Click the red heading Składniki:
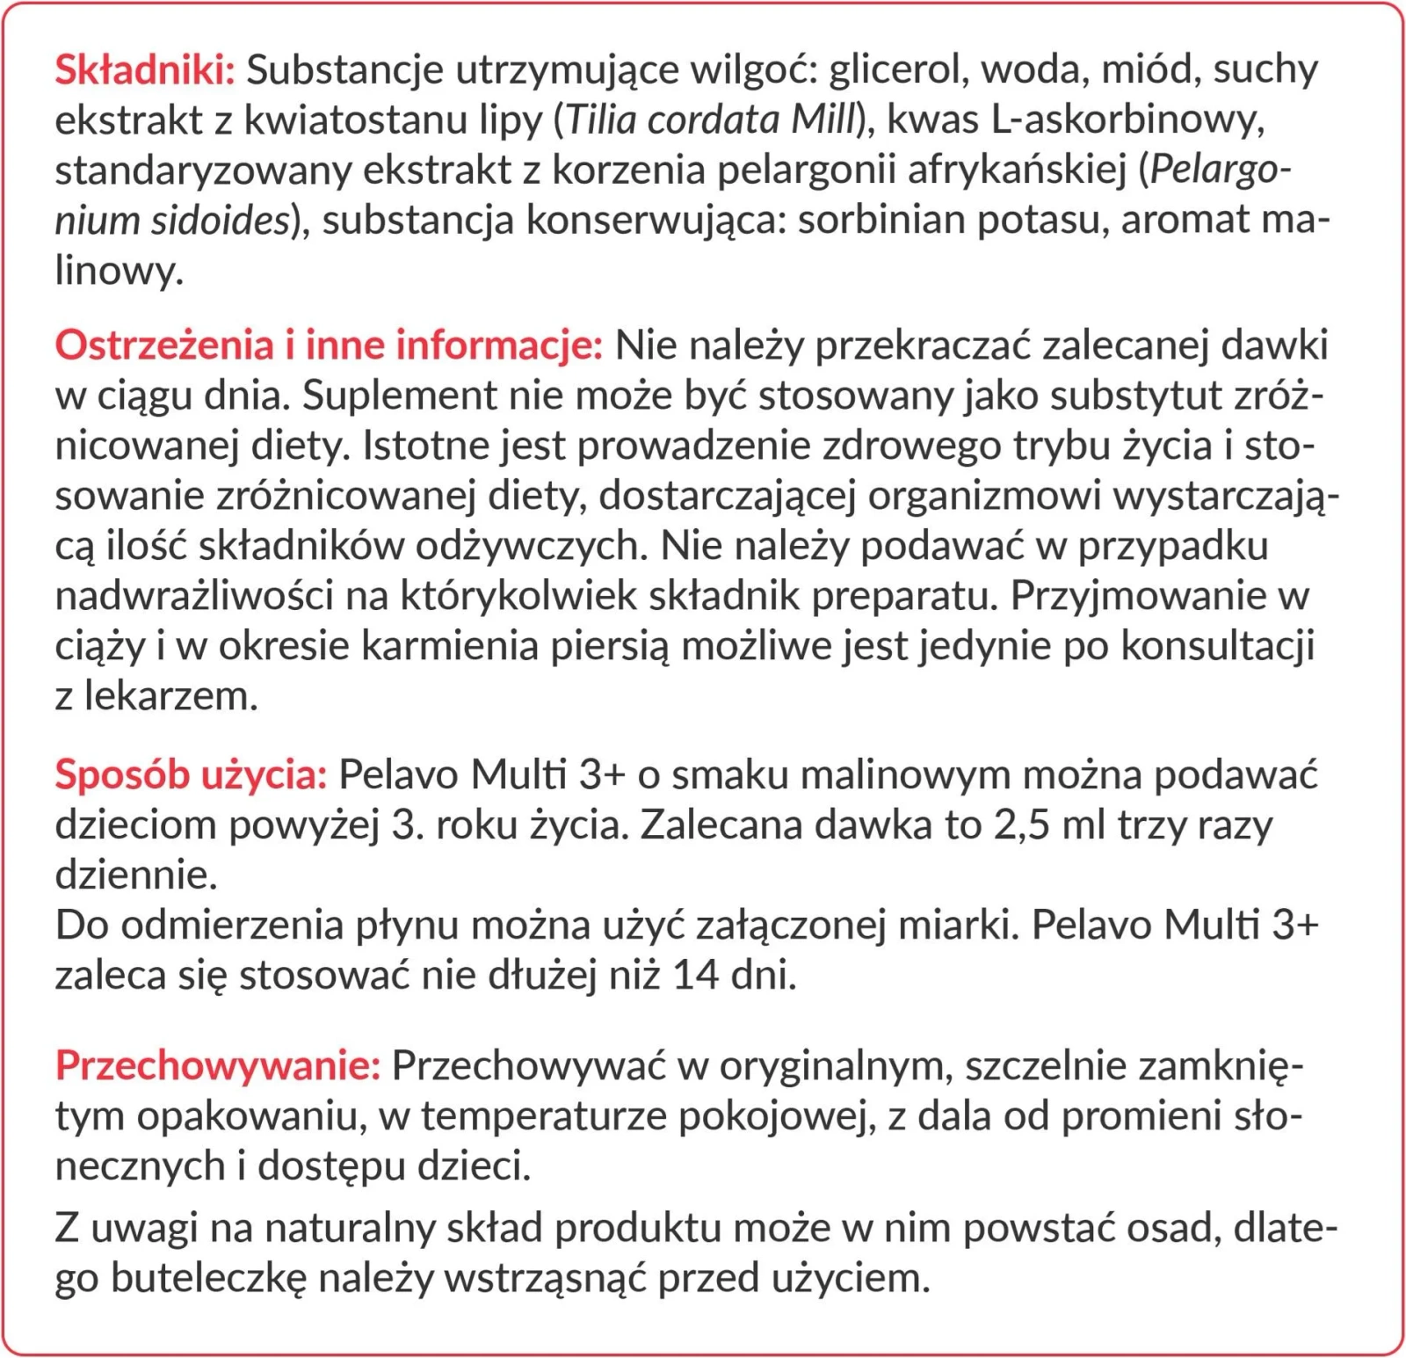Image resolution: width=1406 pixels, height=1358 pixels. click(x=145, y=70)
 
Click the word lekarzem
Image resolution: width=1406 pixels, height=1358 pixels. click(x=171, y=697)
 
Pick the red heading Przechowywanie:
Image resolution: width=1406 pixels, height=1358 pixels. click(x=218, y=1066)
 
